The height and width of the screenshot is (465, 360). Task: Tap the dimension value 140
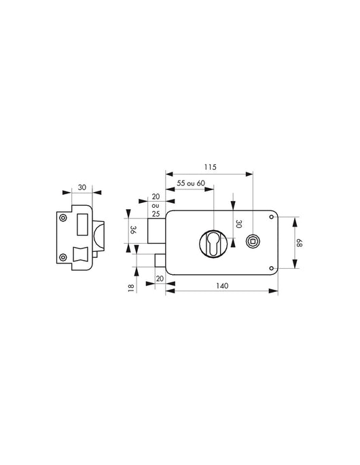click(221, 285)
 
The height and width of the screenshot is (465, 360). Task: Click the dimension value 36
click(134, 230)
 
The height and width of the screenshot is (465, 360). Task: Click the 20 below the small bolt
click(160, 278)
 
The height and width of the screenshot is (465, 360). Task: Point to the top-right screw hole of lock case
click(272, 217)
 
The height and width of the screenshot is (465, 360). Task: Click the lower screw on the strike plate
click(63, 256)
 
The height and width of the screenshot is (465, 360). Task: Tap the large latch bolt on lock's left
click(156, 231)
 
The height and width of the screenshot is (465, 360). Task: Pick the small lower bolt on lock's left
click(160, 260)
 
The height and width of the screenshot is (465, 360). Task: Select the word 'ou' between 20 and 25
click(155, 205)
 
